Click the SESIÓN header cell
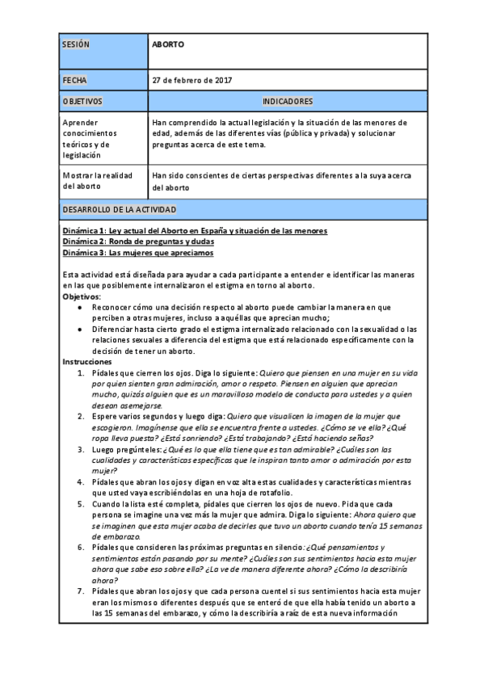pos(75,44)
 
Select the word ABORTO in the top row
pos(168,44)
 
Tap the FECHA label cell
pos(74,81)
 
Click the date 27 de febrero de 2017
pos(192,81)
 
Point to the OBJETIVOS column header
pos(82,102)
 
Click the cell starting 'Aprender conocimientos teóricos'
pos(90,138)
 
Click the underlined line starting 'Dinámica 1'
pos(195,231)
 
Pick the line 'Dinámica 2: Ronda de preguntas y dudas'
pos(138,242)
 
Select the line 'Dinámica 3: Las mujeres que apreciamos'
pos(138,252)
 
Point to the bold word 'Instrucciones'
pos(86,361)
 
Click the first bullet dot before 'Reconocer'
pos(79,307)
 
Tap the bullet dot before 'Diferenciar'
pos(79,329)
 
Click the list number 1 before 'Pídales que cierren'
pos(79,372)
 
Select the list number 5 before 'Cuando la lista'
pos(79,503)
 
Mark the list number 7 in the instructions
pos(79,590)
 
